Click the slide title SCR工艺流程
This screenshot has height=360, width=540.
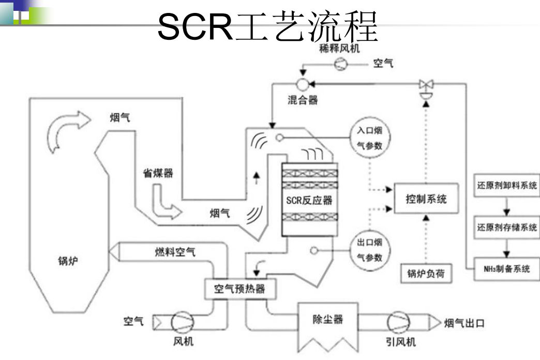click(267, 27)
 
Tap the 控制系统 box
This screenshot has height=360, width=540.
click(426, 198)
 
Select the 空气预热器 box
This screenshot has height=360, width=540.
click(239, 289)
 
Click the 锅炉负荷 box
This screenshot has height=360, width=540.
click(426, 274)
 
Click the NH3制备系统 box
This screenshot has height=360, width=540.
click(507, 269)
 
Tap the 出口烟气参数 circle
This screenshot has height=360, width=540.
click(369, 249)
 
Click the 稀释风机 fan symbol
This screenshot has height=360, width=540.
click(341, 64)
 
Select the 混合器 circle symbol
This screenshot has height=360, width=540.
click(302, 83)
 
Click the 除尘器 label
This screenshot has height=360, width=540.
click(328, 320)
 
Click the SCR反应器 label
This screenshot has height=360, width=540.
click(309, 201)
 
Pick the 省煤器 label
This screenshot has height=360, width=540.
click(158, 174)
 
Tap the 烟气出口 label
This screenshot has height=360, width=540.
click(464, 324)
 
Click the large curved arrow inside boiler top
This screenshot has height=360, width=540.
click(63, 129)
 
